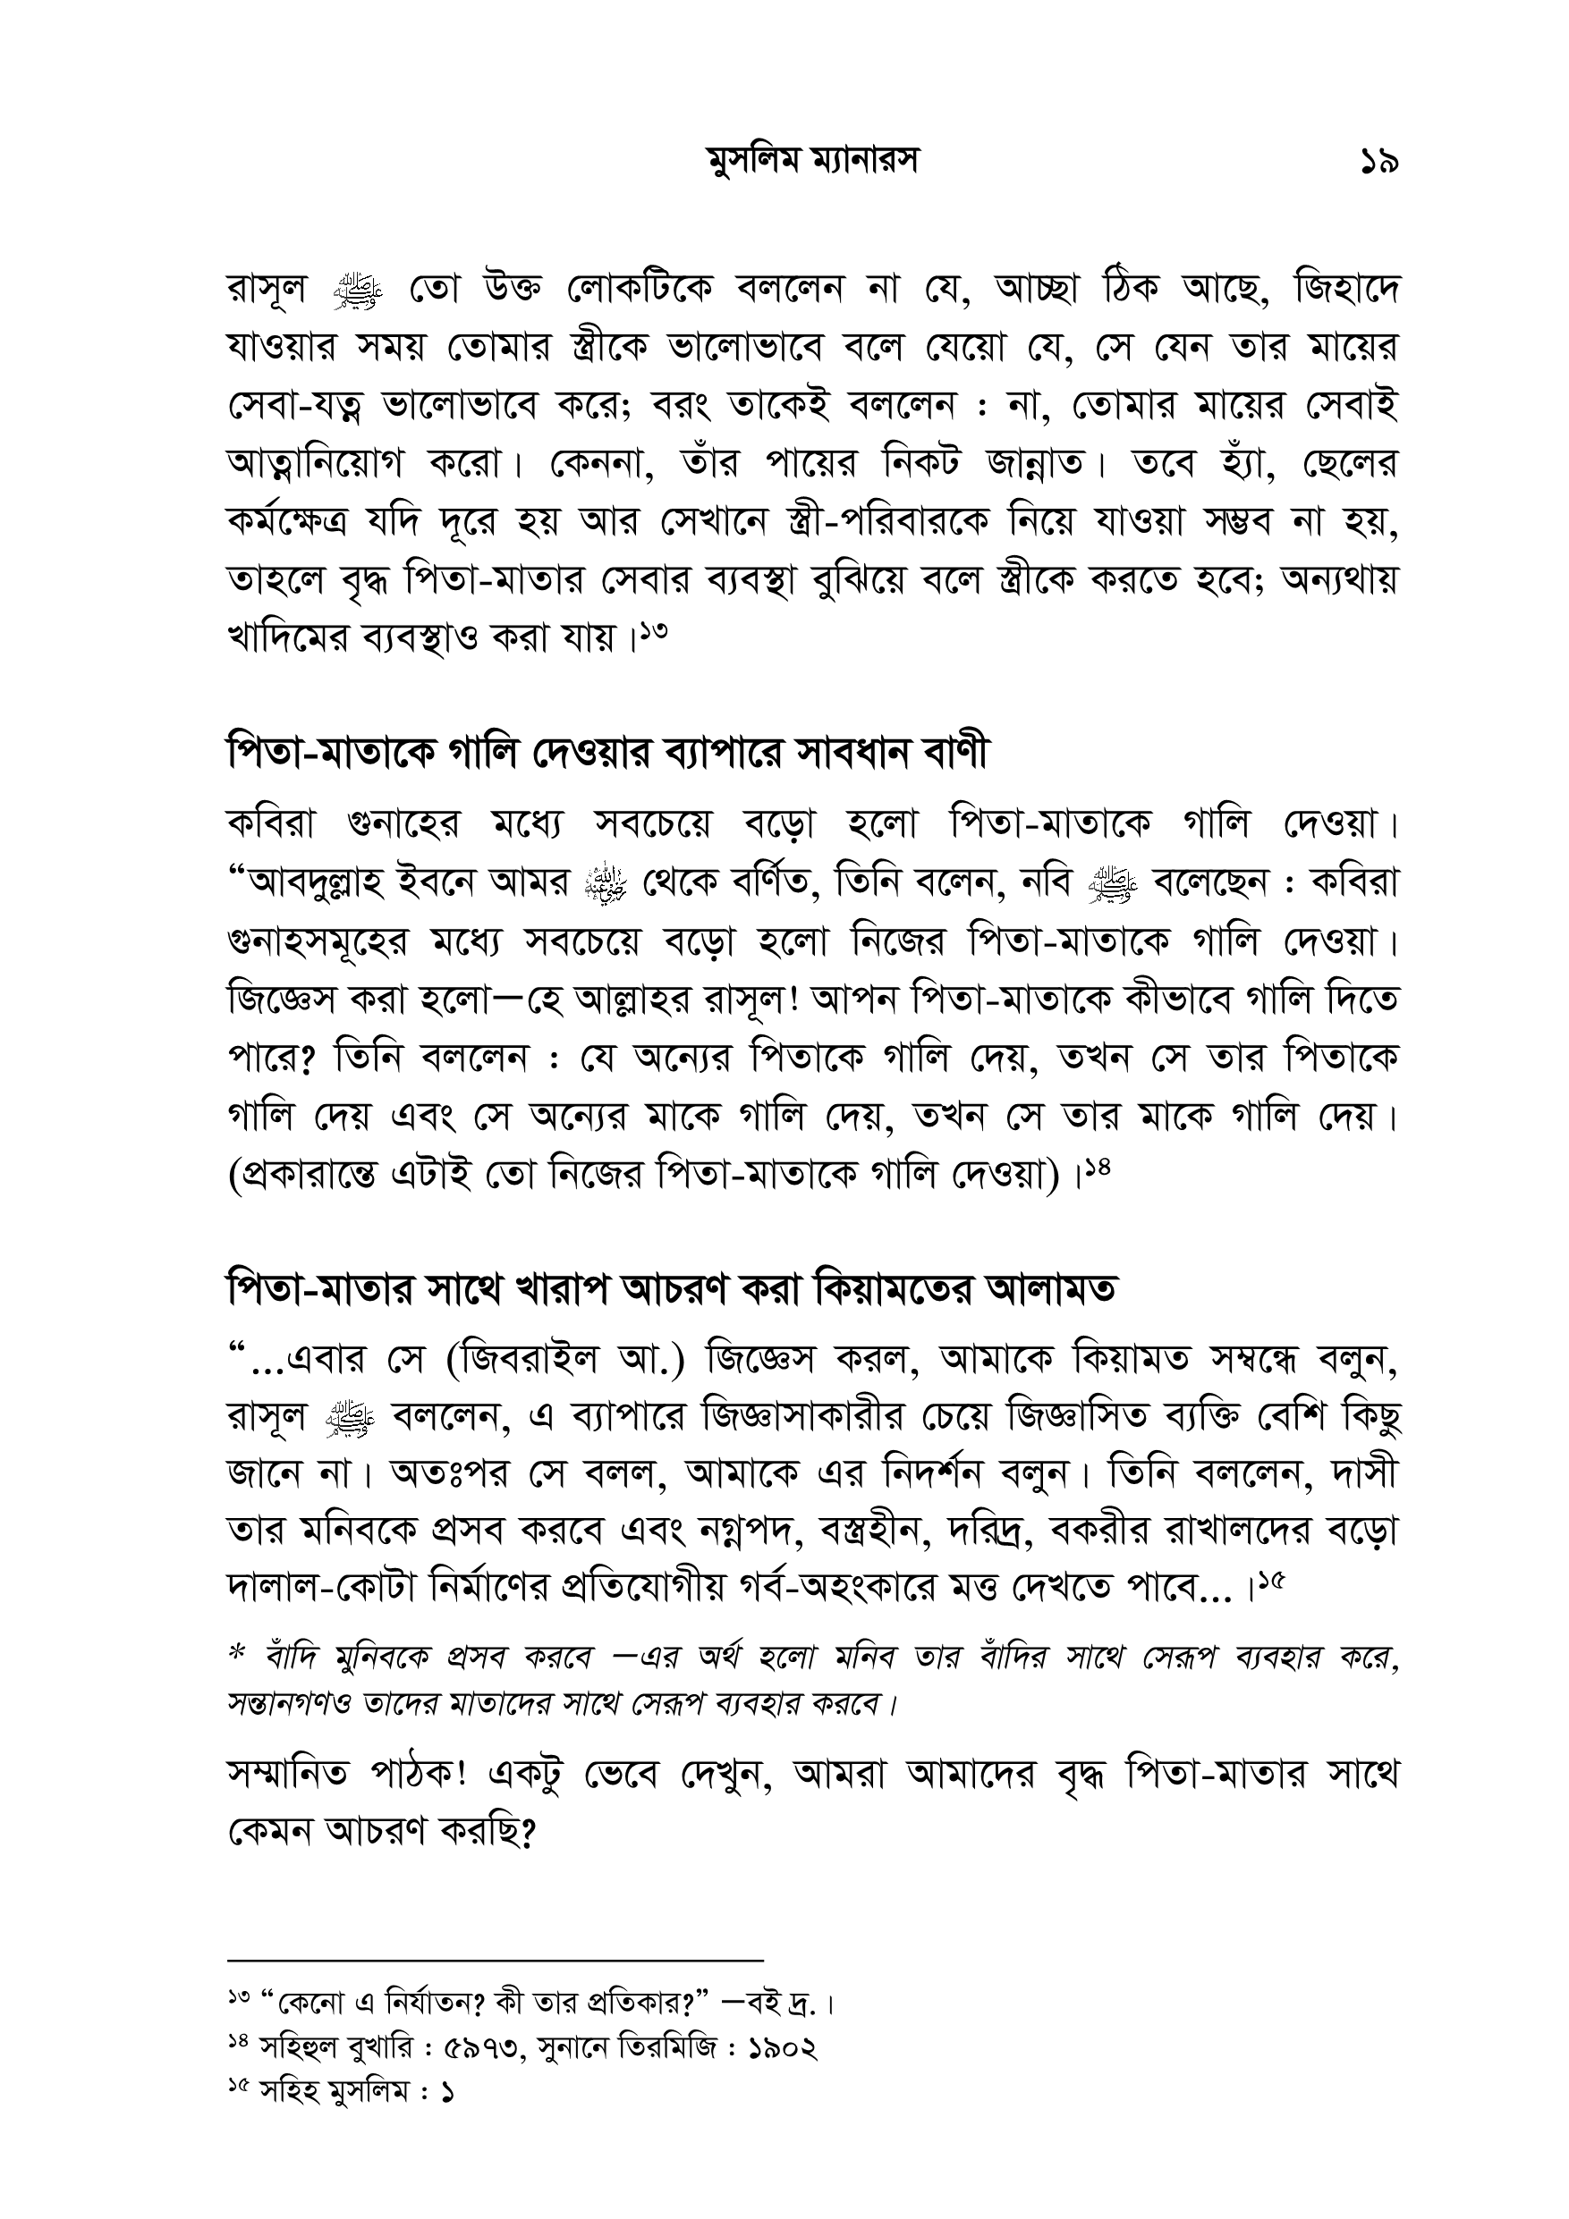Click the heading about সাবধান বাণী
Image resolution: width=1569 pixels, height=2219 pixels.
tap(607, 754)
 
